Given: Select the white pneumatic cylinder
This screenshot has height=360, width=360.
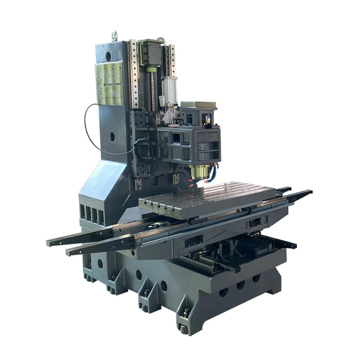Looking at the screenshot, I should click(169, 90).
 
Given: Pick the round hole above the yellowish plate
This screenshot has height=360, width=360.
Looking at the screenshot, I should click(108, 56).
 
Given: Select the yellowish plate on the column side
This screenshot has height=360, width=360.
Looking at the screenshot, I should click(109, 83).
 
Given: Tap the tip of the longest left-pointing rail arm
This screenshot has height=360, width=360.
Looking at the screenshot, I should click(49, 243).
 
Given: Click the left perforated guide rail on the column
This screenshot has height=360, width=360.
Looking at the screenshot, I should click(134, 74).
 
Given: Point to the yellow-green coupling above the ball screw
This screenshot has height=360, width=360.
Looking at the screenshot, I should click(152, 68).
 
